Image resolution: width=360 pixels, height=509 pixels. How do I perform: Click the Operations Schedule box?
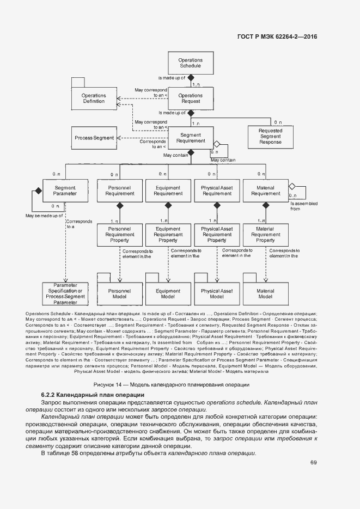point(191,63)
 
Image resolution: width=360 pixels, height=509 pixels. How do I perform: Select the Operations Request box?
point(190,99)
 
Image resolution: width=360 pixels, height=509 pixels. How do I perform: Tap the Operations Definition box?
point(94,99)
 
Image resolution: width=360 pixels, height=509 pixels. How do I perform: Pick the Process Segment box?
point(94,138)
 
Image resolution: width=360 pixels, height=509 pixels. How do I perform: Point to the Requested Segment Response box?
point(270,137)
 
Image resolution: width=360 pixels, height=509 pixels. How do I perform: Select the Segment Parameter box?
point(65,191)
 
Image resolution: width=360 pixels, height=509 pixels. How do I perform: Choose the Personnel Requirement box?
point(116,191)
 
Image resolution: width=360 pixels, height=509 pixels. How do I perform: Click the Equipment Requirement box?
point(168,191)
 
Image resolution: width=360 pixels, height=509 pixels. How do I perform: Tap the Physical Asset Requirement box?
point(217,191)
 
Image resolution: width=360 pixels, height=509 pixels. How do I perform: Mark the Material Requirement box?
point(265,191)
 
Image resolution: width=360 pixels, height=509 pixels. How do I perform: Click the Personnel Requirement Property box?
point(116,235)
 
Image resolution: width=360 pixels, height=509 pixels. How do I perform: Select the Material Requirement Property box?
point(265,235)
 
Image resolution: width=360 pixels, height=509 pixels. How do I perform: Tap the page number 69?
point(314,463)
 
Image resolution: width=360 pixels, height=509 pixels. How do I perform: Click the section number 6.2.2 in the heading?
point(50,394)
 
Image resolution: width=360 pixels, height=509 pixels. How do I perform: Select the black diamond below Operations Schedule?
point(191,78)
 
